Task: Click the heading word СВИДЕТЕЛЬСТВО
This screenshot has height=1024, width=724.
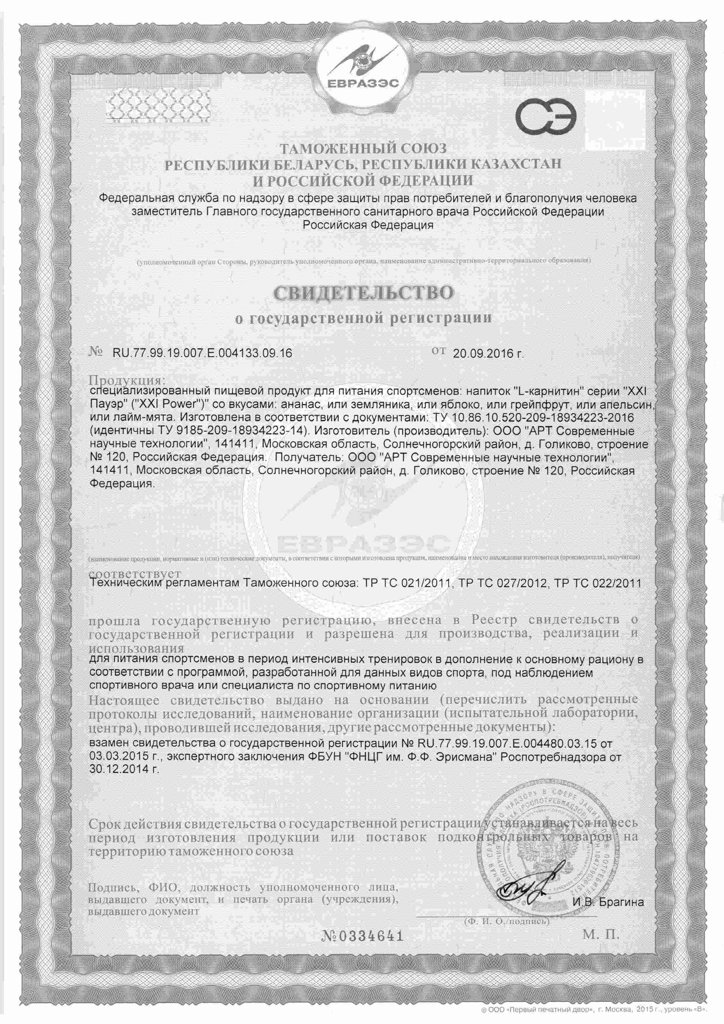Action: [x=363, y=293]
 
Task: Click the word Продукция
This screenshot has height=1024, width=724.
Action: [x=127, y=381]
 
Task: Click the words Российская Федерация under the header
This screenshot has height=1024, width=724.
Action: [x=368, y=225]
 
